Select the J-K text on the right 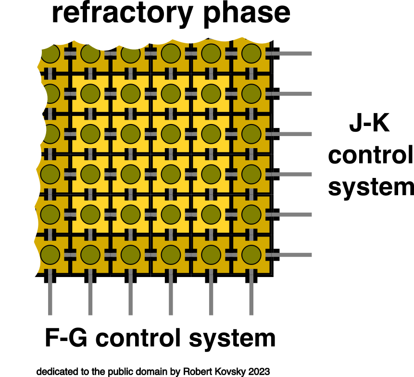369,124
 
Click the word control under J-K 371,155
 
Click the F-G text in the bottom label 66,338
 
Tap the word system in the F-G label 232,339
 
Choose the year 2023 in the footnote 259,371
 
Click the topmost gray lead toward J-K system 292,53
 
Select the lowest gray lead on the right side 292,255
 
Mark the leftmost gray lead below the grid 50,296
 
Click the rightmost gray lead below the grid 251,296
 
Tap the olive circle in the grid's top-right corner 251,53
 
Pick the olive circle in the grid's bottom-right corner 251,255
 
